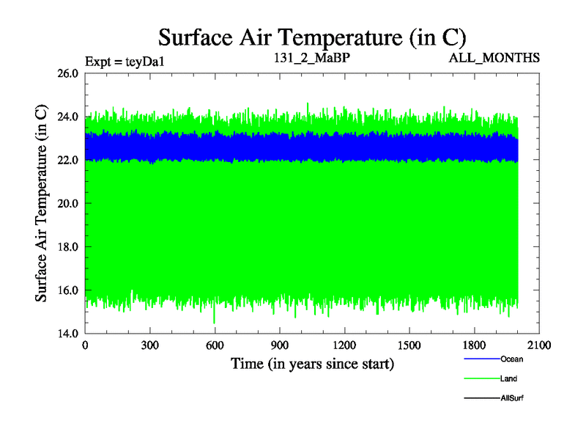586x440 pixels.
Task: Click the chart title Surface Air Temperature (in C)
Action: click(x=312, y=36)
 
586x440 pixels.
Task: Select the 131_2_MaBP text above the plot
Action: click(x=307, y=58)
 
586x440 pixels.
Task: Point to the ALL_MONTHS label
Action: click(x=495, y=58)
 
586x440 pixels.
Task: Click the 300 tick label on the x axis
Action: click(x=150, y=345)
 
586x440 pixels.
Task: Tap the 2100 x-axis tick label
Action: click(x=539, y=345)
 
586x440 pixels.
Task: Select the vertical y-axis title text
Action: click(x=42, y=203)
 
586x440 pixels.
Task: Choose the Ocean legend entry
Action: click(x=511, y=359)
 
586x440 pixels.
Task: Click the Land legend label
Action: click(x=508, y=378)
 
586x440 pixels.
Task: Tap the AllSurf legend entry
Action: click(x=511, y=397)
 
